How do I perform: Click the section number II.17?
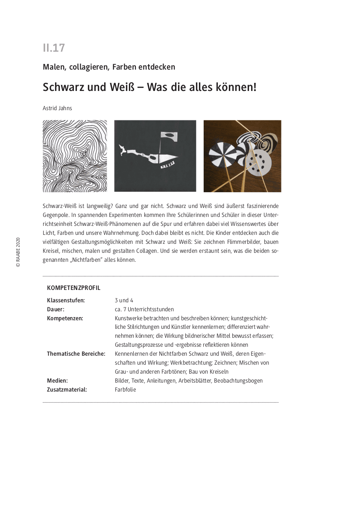tap(54, 48)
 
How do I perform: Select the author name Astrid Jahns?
tap(57, 108)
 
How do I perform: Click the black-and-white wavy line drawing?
tap(75, 156)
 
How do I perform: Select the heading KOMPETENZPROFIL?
tap(73, 288)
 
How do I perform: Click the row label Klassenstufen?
tap(66, 301)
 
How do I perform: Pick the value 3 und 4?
tap(124, 301)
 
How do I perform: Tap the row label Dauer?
tap(56, 309)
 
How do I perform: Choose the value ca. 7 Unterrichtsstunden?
tap(144, 309)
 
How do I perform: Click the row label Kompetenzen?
tap(65, 318)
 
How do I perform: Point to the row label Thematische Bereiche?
tap(76, 354)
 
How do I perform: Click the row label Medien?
tap(57, 380)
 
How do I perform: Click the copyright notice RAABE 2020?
tap(18, 252)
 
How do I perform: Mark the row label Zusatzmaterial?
tap(67, 389)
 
